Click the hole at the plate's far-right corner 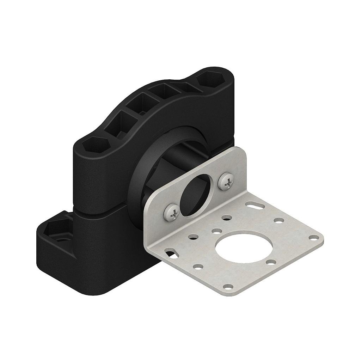312,237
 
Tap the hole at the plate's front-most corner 229,287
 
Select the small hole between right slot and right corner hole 279,220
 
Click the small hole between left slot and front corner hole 198,267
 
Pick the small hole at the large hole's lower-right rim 271,262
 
